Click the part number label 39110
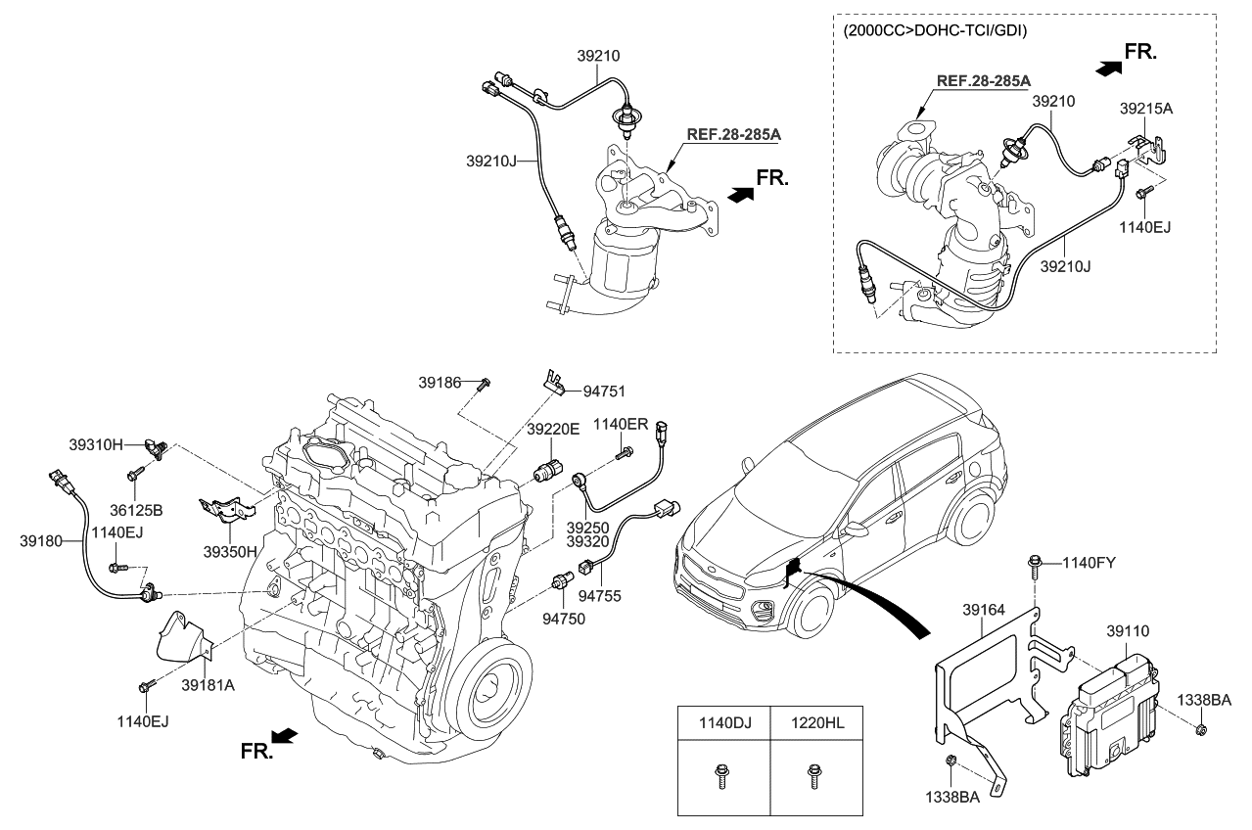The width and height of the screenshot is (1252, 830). pos(1127,632)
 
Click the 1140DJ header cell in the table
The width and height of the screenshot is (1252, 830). pos(723,723)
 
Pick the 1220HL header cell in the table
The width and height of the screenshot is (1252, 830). pos(818,723)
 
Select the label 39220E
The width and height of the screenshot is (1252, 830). pos(553,429)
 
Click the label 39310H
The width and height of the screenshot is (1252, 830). pos(96,443)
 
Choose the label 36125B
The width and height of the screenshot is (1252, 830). pos(136,510)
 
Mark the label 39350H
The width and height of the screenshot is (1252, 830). pos(229,551)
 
